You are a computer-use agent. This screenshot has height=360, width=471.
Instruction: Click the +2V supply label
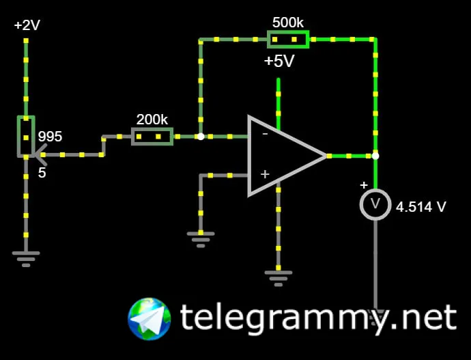[27, 26]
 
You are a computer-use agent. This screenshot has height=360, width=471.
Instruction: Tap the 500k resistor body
[288, 39]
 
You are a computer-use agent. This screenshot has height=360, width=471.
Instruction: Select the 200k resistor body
[152, 137]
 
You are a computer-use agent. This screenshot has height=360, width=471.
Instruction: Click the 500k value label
[288, 22]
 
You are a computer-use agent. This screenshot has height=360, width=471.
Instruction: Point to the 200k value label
[152, 120]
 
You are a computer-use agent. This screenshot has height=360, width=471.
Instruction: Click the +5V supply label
[279, 61]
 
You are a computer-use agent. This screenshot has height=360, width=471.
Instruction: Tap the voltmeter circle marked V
[375, 204]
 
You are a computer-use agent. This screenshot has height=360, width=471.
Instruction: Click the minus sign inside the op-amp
[265, 135]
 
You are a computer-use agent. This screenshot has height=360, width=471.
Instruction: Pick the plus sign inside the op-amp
[265, 175]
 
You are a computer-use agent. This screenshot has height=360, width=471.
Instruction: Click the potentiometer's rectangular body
[26, 136]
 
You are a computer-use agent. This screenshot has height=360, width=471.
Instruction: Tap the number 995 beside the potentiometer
[50, 137]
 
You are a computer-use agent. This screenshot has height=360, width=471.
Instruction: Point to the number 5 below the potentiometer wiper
[42, 173]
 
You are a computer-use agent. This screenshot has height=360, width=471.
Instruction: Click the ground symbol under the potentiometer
[26, 258]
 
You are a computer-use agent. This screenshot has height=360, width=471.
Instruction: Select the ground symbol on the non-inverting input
[201, 238]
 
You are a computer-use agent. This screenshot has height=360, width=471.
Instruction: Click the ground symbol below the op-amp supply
[279, 276]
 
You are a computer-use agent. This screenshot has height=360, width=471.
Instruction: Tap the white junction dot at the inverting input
[201, 137]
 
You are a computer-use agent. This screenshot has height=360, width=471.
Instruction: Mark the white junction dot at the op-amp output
[375, 156]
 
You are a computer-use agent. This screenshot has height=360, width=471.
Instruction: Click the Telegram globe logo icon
[149, 319]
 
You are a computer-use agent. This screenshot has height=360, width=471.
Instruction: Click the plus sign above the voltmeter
[364, 185]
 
